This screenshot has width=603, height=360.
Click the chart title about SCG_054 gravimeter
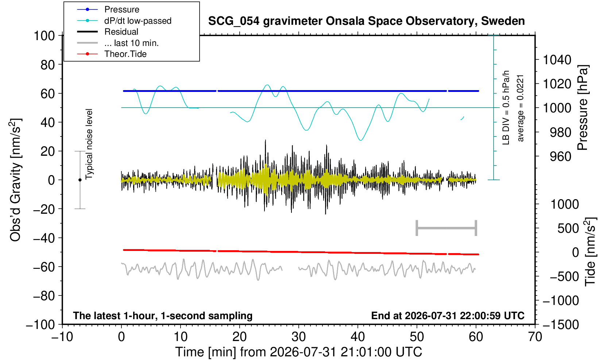click(x=366, y=21)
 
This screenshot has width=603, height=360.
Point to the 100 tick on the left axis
click(x=44, y=36)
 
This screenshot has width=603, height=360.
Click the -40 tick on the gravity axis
click(x=44, y=238)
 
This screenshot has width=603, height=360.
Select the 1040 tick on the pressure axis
click(x=557, y=60)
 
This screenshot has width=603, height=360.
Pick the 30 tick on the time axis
click(x=299, y=337)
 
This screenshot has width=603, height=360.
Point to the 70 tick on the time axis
click(x=535, y=337)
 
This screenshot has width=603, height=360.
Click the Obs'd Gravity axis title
click(x=15, y=180)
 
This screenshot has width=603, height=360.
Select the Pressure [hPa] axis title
click(x=583, y=108)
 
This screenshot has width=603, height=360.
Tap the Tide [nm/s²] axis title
click(x=590, y=252)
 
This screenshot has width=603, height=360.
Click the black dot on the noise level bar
click(x=80, y=180)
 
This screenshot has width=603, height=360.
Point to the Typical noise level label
click(x=89, y=144)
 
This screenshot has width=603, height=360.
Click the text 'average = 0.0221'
click(x=521, y=108)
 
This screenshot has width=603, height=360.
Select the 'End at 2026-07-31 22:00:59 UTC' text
click(x=448, y=316)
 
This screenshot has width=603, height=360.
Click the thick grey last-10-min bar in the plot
click(x=447, y=228)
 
